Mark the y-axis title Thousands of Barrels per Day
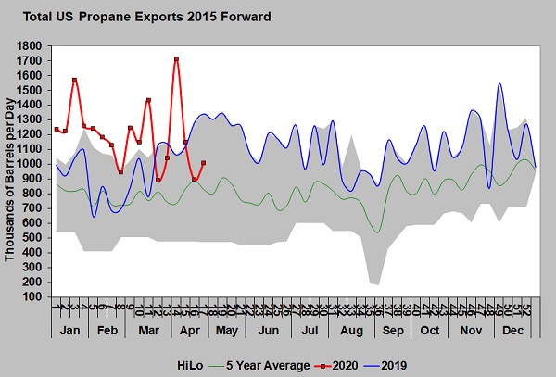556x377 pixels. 11,171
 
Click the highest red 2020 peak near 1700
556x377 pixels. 176,59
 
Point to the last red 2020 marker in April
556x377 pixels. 203,163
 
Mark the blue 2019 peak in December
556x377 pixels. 499,84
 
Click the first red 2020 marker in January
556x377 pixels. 57,129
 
